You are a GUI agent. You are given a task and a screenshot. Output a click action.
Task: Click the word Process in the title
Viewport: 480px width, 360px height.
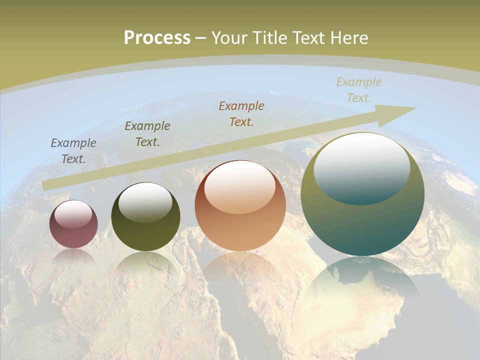tap(157, 38)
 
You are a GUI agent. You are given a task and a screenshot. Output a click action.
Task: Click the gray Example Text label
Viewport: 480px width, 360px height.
tap(73, 151)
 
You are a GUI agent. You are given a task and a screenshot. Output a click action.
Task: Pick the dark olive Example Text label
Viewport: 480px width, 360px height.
tap(147, 134)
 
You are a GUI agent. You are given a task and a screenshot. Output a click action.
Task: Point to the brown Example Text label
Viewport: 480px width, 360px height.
tap(241, 113)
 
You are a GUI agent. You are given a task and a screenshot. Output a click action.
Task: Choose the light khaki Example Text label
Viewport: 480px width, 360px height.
tap(359, 90)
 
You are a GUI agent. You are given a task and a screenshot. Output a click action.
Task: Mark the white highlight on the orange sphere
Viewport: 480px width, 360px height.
tap(240, 186)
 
